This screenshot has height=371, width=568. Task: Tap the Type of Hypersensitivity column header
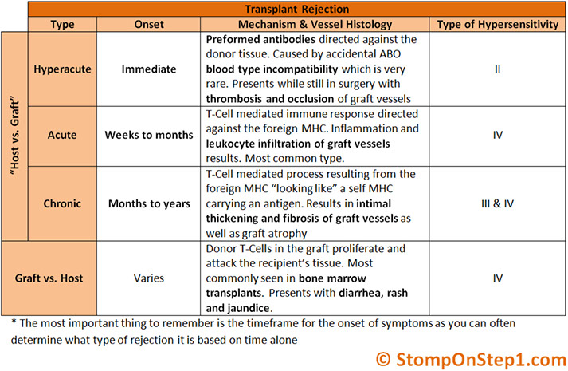point(497,25)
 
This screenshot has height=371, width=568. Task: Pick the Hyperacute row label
point(63,69)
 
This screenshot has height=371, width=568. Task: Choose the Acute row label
point(63,135)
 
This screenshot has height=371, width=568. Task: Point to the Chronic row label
point(63,203)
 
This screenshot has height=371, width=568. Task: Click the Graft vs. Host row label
point(51,279)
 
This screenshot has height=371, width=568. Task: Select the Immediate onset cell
point(150,69)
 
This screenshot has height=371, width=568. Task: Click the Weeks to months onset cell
point(150,135)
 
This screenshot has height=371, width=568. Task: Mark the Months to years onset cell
point(150,203)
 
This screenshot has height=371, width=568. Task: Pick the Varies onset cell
point(150,279)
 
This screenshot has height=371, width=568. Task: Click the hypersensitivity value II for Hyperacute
point(497,69)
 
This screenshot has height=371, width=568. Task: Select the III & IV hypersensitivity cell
point(497,203)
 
